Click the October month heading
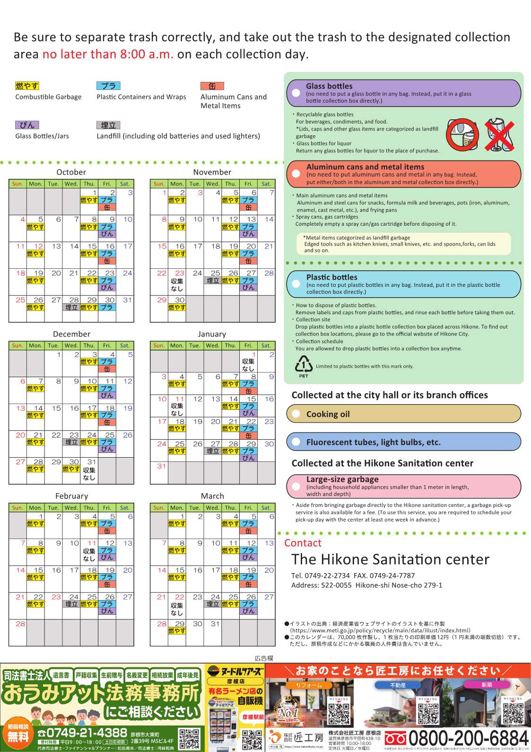71,172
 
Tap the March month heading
212,496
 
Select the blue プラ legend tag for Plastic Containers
108,86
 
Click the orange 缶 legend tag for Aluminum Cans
212,86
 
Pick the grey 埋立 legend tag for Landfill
108,125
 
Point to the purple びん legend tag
27,125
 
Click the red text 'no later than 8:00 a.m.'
108,54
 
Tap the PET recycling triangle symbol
304,365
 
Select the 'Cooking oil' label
328,414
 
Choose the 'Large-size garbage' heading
342,479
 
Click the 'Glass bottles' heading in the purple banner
329,86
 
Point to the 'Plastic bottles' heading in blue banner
331,277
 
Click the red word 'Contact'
303,543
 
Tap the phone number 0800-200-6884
468,738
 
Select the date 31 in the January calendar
162,466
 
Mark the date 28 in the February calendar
20,624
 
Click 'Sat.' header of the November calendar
266,184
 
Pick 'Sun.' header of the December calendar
17,345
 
